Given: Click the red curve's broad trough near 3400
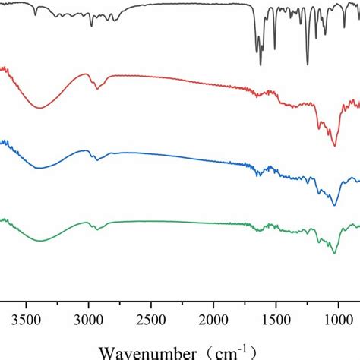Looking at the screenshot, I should coord(39,108).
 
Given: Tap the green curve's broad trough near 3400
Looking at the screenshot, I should coord(39,240).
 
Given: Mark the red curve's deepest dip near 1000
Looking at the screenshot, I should coord(334,146).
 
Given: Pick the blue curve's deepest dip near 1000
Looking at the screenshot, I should coord(334,205).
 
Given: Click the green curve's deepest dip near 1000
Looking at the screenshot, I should coord(334,252).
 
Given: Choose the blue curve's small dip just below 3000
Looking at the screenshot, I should coord(96,159).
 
